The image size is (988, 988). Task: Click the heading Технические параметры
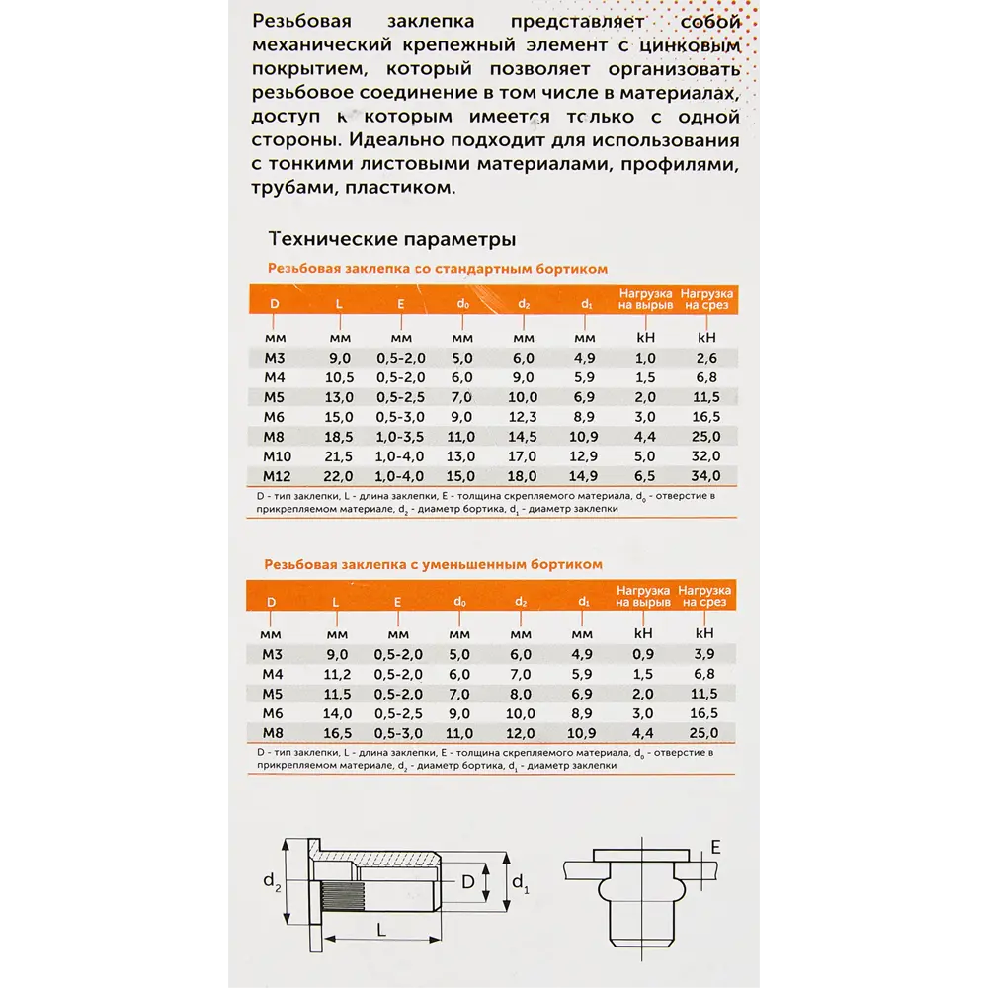[x=391, y=239]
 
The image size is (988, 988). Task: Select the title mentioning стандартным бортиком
[x=437, y=268]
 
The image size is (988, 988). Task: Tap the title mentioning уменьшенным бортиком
[x=433, y=564]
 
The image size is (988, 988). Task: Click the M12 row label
[x=274, y=475]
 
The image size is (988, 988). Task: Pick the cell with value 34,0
[x=704, y=475]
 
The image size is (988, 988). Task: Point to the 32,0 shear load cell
[x=704, y=455]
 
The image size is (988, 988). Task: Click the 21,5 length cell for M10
[x=339, y=455]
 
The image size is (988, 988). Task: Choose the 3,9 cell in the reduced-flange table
[x=704, y=654]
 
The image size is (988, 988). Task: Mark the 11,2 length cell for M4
[x=337, y=674]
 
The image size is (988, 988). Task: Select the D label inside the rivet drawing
[x=468, y=879]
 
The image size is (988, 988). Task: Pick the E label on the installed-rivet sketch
[x=715, y=846]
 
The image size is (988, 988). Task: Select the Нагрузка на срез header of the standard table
[x=705, y=299]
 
